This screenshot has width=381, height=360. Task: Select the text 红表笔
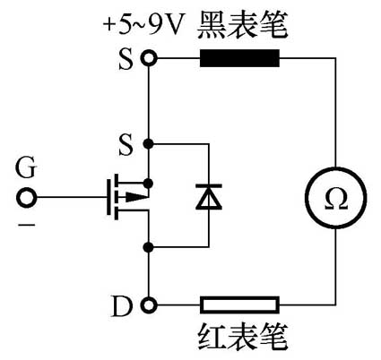pos(238,340)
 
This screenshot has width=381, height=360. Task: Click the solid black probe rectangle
pos(239,59)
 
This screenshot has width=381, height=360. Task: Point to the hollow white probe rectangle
pos(239,305)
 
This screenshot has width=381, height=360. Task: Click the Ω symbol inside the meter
pos(336,194)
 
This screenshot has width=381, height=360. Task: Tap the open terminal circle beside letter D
pos(149,305)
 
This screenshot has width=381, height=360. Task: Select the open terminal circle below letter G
pos(28,196)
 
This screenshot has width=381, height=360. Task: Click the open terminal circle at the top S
pos(149,59)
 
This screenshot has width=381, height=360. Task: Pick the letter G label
pos(28,167)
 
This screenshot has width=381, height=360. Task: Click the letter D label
pos(123,306)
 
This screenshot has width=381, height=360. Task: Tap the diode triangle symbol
pos(208,195)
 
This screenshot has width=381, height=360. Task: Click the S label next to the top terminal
pos(125,59)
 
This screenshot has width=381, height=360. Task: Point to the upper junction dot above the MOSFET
pos(149,142)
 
